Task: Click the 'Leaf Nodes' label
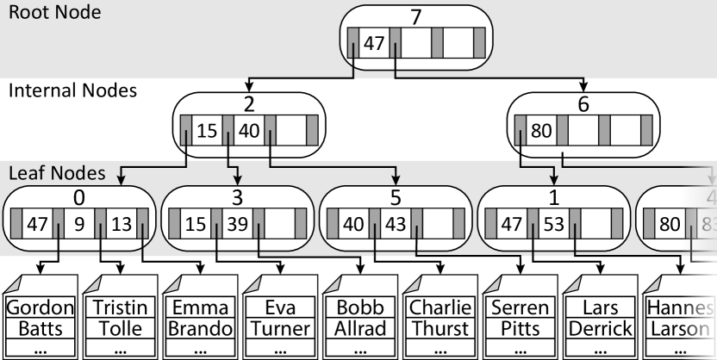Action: click(x=57, y=173)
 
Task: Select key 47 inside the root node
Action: click(x=373, y=43)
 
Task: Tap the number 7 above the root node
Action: click(x=394, y=16)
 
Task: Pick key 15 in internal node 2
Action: click(x=207, y=132)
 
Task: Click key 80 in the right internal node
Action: click(x=540, y=132)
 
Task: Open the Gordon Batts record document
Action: click(x=41, y=318)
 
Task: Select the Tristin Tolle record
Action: click(x=120, y=318)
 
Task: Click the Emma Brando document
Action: click(x=200, y=318)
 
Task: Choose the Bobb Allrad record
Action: click(x=359, y=318)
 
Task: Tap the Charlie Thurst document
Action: click(x=440, y=318)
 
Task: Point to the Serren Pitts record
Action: click(x=519, y=318)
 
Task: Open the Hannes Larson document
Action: click(x=680, y=318)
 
